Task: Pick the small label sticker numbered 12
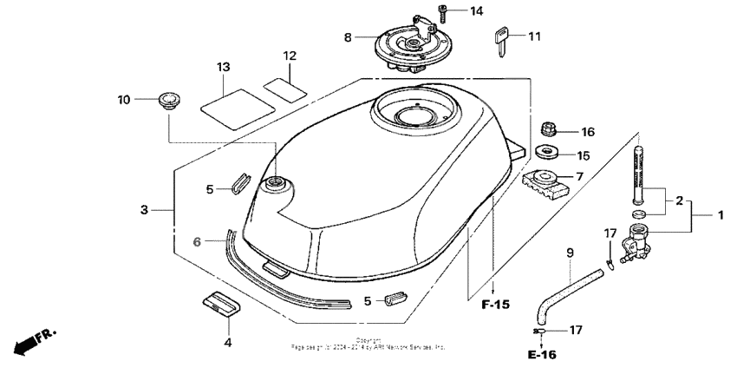click(285, 88)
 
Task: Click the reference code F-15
click(495, 306)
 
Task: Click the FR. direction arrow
click(31, 341)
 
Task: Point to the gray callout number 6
click(197, 243)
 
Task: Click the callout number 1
click(719, 212)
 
